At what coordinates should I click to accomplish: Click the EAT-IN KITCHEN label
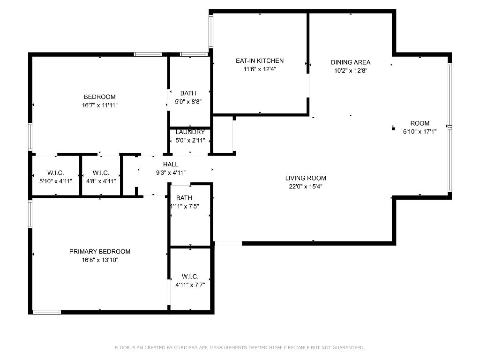tap(259, 61)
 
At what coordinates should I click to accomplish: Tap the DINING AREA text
tap(351, 62)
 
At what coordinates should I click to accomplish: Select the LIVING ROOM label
tap(306, 178)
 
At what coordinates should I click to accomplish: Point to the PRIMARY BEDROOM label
tap(100, 252)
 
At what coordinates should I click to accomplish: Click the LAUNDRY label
tap(190, 132)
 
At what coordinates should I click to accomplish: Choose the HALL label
tap(171, 165)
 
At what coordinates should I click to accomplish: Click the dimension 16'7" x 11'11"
tap(99, 105)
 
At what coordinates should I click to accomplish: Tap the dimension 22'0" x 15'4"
tap(306, 187)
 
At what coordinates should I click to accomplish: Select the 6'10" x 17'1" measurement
tap(420, 132)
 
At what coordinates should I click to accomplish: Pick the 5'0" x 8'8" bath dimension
tap(188, 102)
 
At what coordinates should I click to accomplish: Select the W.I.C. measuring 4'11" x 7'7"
tap(190, 285)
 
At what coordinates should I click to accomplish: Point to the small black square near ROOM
tap(393, 128)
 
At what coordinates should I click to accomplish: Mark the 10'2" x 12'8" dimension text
tap(351, 71)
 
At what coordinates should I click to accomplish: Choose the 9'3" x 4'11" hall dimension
tap(171, 172)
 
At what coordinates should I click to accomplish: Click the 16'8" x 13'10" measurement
tap(100, 260)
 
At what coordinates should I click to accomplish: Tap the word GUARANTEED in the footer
tap(348, 348)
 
